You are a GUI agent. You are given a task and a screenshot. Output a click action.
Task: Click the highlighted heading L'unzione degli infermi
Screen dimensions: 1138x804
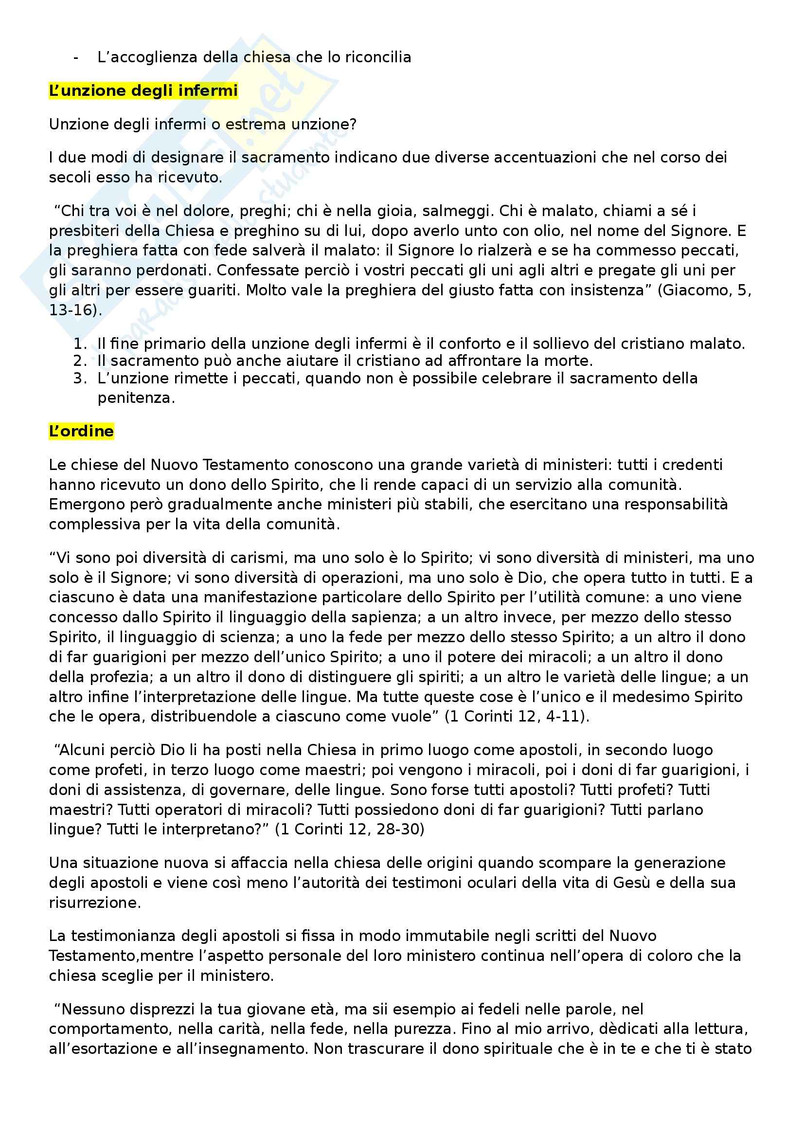[143, 90]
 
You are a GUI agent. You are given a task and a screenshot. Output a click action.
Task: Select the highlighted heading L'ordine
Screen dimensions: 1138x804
[81, 431]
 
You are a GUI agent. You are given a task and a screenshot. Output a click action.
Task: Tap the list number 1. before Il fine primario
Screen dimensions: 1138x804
[80, 343]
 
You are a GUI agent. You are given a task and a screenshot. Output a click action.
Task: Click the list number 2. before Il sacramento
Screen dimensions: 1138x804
[80, 361]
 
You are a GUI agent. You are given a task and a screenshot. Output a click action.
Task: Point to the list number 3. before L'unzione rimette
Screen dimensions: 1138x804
[80, 378]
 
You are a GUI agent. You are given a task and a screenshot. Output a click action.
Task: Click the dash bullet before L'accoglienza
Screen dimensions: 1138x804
[76, 57]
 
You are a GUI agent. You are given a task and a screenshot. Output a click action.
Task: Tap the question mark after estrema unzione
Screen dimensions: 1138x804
[352, 124]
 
